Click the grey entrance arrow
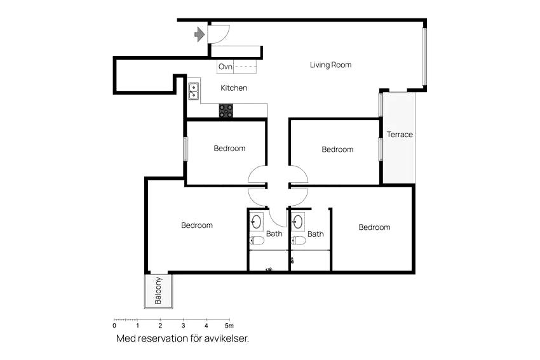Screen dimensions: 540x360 click(x=199, y=34)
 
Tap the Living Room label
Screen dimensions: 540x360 click(x=330, y=65)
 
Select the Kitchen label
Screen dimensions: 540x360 click(x=234, y=88)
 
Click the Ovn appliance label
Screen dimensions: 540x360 click(x=226, y=67)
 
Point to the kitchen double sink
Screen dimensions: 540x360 click(x=194, y=91)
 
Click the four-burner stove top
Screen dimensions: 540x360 click(x=226, y=110)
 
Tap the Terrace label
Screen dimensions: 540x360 click(x=400, y=135)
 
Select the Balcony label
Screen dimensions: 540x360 click(x=158, y=291)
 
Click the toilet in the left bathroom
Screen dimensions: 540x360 click(x=257, y=240)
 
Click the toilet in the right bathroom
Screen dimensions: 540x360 click(x=298, y=241)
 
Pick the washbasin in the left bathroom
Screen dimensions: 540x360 click(x=256, y=222)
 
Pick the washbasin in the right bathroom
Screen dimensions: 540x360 click(x=298, y=222)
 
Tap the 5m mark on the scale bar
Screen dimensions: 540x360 click(x=229, y=325)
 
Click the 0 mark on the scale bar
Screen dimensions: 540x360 click(x=114, y=325)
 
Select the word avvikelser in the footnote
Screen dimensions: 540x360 click(x=226, y=338)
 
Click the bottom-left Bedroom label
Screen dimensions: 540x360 click(x=197, y=225)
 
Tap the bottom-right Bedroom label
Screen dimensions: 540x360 click(x=374, y=227)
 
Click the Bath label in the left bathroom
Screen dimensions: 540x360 click(x=274, y=234)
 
